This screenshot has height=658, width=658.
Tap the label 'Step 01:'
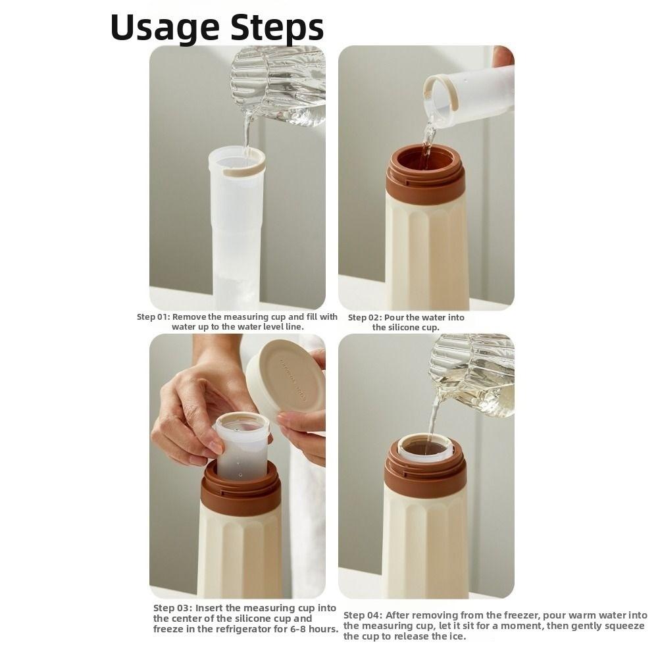153,317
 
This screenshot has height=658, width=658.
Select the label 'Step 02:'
365,318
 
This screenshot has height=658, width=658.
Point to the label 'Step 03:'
172,608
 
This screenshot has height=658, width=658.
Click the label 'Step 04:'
363,615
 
